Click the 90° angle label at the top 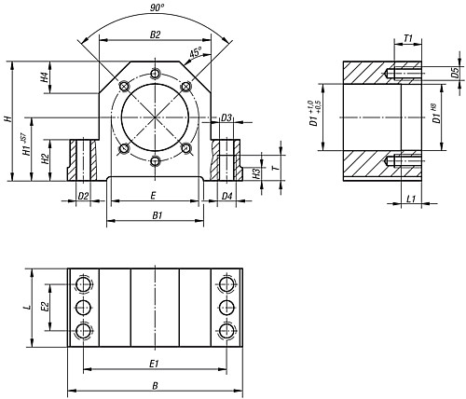click(x=157, y=7)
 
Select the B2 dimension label click(x=155, y=34)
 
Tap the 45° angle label click(x=196, y=52)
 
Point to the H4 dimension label click(x=45, y=77)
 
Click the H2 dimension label click(x=46, y=159)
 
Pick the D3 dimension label click(x=226, y=117)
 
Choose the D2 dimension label click(x=83, y=196)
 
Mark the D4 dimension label click(x=226, y=196)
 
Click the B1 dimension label click(x=158, y=215)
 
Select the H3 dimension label click(x=256, y=173)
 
